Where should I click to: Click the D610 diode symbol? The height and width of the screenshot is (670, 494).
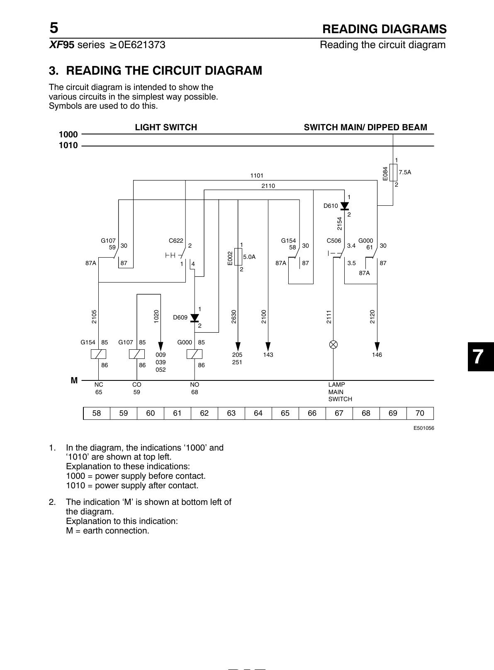pos(345,206)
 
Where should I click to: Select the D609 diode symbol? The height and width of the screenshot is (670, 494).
pos(195,318)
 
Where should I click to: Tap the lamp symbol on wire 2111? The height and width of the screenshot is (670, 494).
pos(333,345)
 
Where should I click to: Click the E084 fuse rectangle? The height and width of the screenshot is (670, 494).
pos(393,172)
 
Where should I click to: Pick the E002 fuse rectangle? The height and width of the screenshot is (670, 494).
pos(238,257)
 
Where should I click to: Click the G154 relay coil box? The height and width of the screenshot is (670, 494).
pos(98,354)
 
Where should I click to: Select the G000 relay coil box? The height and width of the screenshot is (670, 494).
pos(195,354)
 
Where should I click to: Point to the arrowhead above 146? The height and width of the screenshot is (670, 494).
pos(377,346)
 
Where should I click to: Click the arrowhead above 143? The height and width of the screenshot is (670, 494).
pos(268,346)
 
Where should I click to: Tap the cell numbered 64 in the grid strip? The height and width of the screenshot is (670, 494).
pos(258,413)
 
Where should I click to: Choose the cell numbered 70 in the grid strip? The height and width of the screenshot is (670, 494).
pos(420,413)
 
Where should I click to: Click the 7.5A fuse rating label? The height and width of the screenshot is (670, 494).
pos(405,172)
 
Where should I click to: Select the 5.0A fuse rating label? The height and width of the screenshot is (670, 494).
pos(249,257)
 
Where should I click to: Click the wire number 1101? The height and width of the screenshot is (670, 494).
pos(257,175)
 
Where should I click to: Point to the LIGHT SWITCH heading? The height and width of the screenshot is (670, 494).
pos(166,127)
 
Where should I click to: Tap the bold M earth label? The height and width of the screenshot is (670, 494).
pos(74,380)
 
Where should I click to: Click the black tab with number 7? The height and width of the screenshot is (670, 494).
pos(481,356)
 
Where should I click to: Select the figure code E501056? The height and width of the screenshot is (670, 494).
pos(424,428)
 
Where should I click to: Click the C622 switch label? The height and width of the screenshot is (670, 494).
pos(176,241)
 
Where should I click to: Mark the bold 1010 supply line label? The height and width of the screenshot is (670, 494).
pos(68,145)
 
